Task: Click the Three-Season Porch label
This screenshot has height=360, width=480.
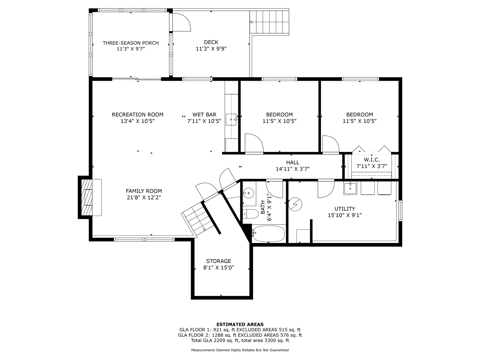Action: (x=131, y=43)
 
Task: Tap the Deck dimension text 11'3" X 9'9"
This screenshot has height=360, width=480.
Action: (x=211, y=49)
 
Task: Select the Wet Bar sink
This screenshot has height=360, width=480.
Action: (x=231, y=119)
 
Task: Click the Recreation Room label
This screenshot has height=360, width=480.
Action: (x=138, y=115)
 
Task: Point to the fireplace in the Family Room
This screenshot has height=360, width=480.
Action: (x=90, y=197)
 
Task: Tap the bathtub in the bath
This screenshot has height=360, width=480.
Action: (x=268, y=233)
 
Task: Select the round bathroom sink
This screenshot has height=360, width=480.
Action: (x=249, y=193)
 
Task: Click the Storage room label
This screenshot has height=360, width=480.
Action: (x=219, y=261)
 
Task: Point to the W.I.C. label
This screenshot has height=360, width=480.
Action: (x=372, y=160)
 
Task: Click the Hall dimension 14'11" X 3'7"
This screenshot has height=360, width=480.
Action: (x=293, y=169)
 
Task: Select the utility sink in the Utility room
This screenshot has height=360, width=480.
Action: (x=350, y=189)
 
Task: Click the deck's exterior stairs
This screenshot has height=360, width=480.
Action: (x=270, y=22)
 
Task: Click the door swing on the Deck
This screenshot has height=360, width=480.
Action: (x=182, y=22)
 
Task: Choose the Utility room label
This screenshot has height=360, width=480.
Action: (x=345, y=209)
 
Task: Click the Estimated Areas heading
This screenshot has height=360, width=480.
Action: (x=240, y=324)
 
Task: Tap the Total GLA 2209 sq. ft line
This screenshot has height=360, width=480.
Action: (x=240, y=341)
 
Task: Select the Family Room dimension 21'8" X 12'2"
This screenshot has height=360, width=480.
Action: (x=144, y=197)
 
